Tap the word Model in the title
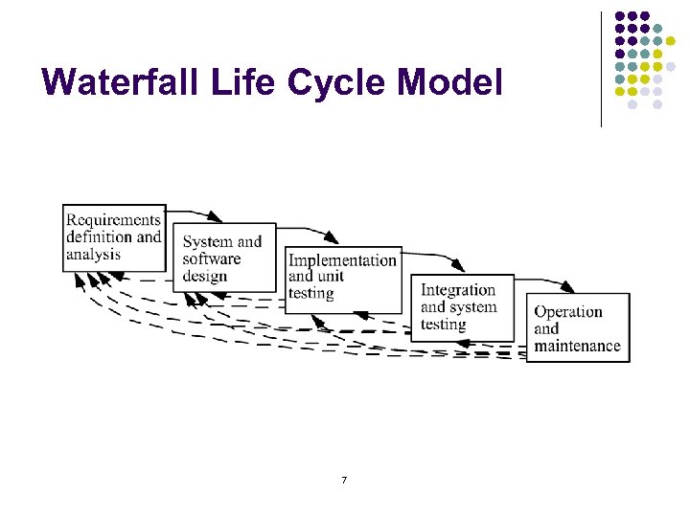[x=448, y=82]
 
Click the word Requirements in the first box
[x=113, y=219]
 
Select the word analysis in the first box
[x=93, y=255]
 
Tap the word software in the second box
[x=211, y=259]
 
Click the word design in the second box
[x=204, y=277]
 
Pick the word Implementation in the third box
[x=342, y=260]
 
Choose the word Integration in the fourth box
[x=457, y=290]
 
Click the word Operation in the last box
[x=567, y=311]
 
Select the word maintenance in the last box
[x=577, y=346]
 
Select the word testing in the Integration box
[x=443, y=325]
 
